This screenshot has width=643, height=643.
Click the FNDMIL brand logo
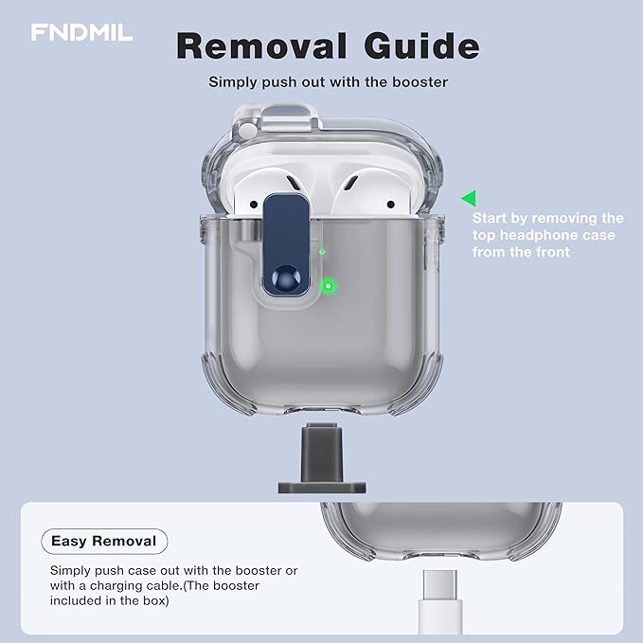coord(81,32)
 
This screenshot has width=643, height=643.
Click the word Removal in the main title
coord(261,45)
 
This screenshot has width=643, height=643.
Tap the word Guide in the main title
coord(422,45)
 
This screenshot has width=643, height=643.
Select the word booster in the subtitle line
coord(420,82)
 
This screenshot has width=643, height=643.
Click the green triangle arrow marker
coord(469,199)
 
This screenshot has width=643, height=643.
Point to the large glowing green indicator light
coord(328,286)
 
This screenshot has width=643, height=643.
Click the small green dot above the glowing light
coord(322,251)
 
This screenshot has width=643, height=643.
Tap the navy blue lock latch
coord(286,245)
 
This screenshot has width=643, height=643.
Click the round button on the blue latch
coord(286,278)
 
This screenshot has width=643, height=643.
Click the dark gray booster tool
coord(322,458)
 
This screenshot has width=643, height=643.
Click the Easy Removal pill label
coord(104,542)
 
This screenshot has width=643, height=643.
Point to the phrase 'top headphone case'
coord(544,235)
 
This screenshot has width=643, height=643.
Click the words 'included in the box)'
coord(110,600)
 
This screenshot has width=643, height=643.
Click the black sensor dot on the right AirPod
coord(391,204)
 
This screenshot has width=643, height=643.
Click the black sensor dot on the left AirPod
coord(254,204)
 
